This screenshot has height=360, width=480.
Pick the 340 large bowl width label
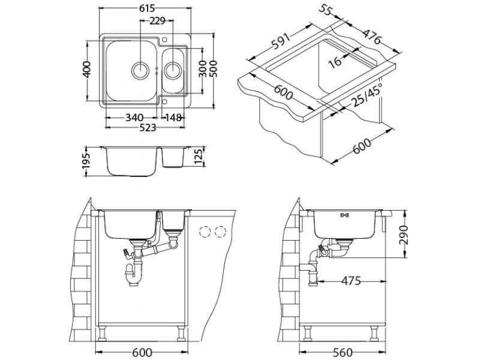click(x=134, y=117)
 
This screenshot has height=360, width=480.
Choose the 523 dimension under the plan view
click(x=148, y=127)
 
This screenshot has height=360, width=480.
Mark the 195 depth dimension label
click(x=86, y=161)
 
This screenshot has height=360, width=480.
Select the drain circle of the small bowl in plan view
click(x=172, y=69)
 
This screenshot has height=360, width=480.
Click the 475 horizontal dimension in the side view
click(x=351, y=281)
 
